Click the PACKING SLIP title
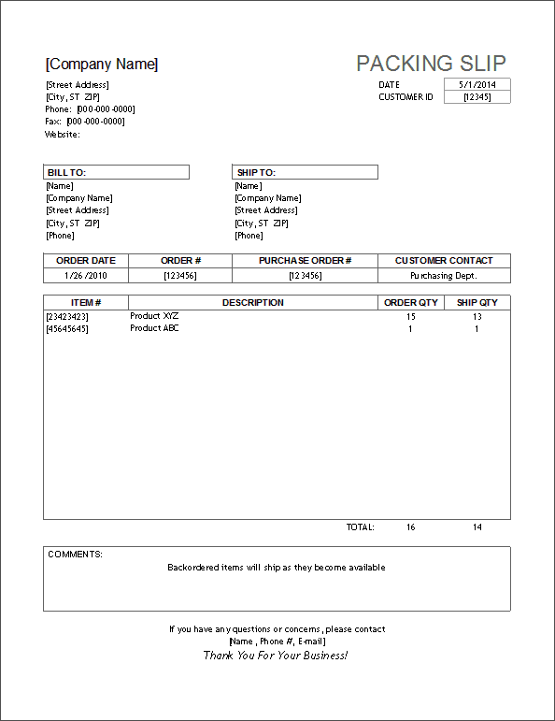431,64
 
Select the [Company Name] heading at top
102,65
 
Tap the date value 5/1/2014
477,85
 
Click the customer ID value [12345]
477,97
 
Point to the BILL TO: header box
117,172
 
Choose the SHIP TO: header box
305,172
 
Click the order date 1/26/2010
85,276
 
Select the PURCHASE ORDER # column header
305,261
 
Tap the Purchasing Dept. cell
444,276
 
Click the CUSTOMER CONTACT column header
444,261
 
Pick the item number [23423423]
67,316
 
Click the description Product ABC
154,328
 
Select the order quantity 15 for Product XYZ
410,316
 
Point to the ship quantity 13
477,316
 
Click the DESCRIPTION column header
252,303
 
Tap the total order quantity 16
410,527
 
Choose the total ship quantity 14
477,527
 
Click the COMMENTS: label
75,555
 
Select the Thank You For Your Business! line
276,656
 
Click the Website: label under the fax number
63,135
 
